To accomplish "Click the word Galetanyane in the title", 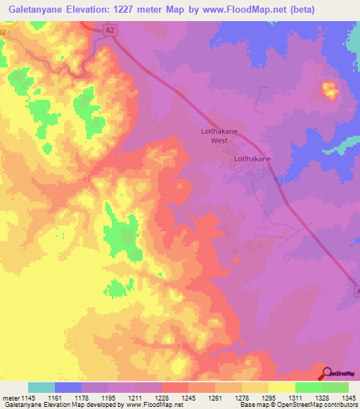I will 35,9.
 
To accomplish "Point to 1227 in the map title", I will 129,9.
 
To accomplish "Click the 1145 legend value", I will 29,397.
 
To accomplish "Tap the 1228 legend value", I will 162,397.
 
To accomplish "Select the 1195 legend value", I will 109,397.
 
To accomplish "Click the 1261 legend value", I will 215,397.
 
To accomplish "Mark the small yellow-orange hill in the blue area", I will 328,89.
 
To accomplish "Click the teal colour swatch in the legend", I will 41,387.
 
